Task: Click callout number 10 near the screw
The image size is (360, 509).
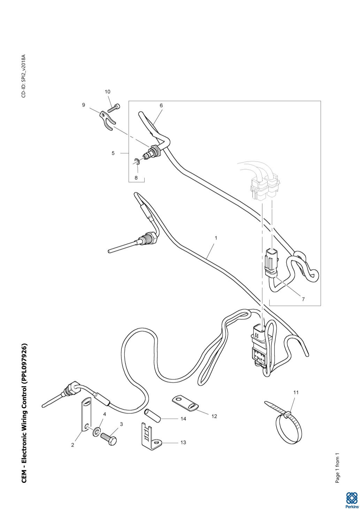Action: pyautogui.click(x=107, y=92)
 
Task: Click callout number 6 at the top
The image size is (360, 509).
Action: pyautogui.click(x=161, y=105)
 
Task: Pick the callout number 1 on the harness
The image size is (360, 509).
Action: pyautogui.click(x=216, y=238)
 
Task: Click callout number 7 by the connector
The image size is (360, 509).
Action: pyautogui.click(x=303, y=299)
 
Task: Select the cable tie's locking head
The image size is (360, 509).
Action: pyautogui.click(x=287, y=415)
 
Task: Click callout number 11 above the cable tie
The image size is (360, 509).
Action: pyautogui.click(x=296, y=392)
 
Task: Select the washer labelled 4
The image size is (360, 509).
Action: pyautogui.click(x=95, y=433)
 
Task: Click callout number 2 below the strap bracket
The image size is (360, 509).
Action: pyautogui.click(x=72, y=445)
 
